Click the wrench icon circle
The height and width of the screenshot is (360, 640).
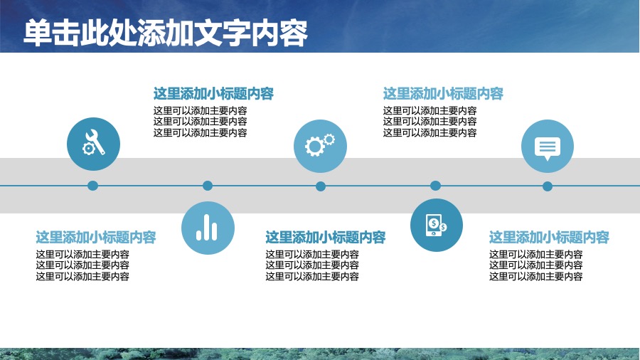coord(93,144)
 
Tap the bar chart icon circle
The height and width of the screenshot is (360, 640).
coord(208,228)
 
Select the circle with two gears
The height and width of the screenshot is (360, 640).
coord(321,146)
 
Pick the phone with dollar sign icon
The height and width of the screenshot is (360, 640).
coord(437,225)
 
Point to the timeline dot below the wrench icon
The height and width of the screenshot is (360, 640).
coord(92,186)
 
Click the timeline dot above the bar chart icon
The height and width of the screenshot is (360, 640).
coord(208,186)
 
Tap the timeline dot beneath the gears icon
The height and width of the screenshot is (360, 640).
coord(321,186)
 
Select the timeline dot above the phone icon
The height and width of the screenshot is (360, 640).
coord(435,186)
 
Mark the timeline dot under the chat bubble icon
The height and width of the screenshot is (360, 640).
coord(548,186)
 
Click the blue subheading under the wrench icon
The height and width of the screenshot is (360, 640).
coord(96,237)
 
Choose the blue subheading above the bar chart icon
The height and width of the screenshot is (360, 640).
coord(213,93)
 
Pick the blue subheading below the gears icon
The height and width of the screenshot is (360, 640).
coord(326,237)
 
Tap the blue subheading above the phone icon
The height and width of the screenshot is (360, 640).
coord(443,93)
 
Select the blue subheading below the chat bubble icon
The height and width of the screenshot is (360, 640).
coord(550,237)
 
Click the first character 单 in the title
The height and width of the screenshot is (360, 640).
coord(38,33)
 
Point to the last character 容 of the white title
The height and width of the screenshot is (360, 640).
coord(294,33)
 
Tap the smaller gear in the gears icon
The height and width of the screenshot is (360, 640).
coord(329,139)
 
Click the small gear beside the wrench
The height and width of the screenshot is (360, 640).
coord(87,149)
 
